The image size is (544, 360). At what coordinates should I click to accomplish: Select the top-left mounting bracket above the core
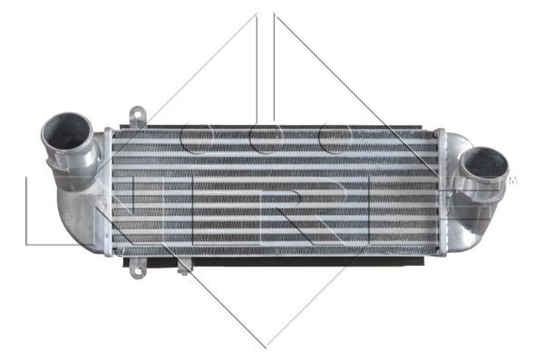point(138,117)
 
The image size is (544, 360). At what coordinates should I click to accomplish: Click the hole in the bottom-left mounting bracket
point(138,271)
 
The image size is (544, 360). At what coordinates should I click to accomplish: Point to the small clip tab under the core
point(183,267)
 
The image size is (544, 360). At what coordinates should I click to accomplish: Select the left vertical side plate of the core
point(108,192)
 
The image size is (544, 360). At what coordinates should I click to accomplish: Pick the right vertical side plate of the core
point(441,192)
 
